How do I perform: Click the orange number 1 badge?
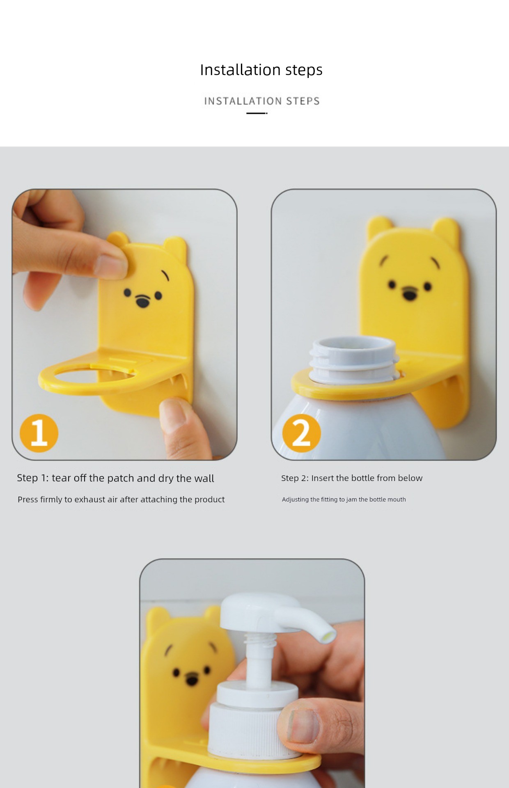coord(39,433)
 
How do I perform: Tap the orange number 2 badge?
coord(302,433)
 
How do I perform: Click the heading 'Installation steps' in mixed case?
coord(261,70)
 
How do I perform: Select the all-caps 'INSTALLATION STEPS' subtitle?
coord(262,101)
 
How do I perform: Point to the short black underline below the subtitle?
coord(257,113)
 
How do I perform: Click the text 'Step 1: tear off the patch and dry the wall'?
coord(115,478)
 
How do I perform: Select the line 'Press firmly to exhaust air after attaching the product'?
coord(121,499)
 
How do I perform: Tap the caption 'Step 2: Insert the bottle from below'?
coord(352,478)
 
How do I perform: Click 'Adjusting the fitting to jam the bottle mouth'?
coord(344,499)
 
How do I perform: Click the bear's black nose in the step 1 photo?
coord(142,302)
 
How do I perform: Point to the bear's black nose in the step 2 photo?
coord(409,293)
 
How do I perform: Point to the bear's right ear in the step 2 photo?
coord(447,232)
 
